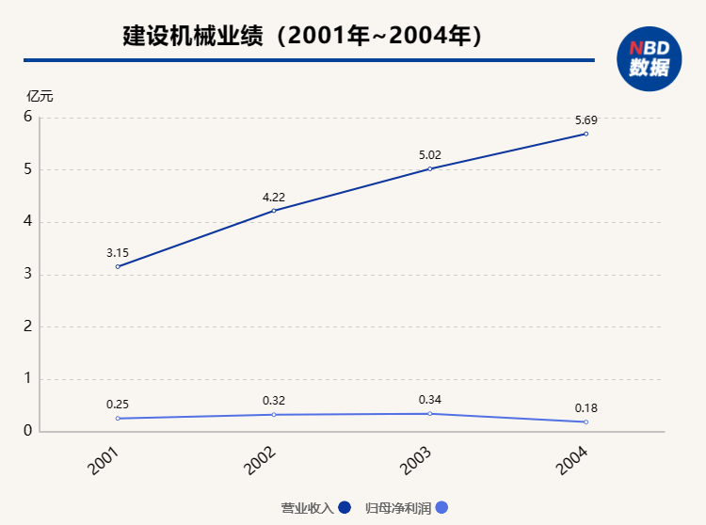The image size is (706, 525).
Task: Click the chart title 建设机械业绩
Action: coord(303,37)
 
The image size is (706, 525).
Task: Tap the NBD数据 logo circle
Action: coord(650,58)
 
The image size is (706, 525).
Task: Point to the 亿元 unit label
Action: coord(40,96)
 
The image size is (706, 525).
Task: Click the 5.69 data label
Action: coord(586,119)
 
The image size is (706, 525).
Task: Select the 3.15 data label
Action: coord(118,253)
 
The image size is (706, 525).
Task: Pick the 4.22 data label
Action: coord(274,197)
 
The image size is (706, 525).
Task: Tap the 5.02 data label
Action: coord(430,155)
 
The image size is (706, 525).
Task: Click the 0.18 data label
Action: coord(586,408)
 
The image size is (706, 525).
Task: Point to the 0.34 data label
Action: coord(430,400)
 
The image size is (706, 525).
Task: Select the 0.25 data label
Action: coord(118,405)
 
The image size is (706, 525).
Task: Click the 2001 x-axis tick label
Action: coord(103,460)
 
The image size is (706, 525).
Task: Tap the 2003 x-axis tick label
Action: coord(415,460)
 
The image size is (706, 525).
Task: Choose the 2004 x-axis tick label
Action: coord(571,460)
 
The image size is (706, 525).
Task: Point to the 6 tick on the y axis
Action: coord(28,118)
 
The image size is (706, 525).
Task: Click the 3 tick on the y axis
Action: coord(28,275)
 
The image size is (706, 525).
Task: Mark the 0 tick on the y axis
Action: coord(28,431)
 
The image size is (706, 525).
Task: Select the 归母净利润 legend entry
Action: coord(406,508)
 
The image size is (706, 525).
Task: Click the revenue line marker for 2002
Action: coord(274,211)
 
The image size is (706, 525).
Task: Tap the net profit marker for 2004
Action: coord(586,422)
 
